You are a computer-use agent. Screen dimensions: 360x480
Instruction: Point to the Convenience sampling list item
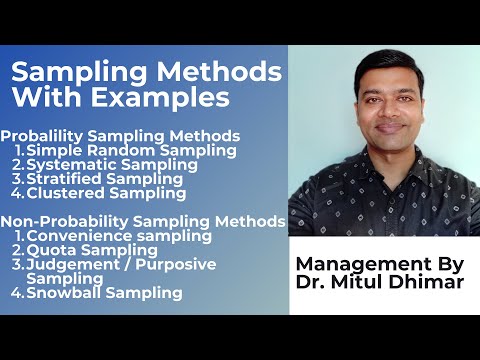click(x=119, y=236)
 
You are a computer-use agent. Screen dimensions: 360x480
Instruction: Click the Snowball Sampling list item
click(x=104, y=293)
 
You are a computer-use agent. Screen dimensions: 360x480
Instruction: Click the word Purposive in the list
click(x=184, y=264)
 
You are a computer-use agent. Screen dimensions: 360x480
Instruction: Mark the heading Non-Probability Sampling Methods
click(x=143, y=221)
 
